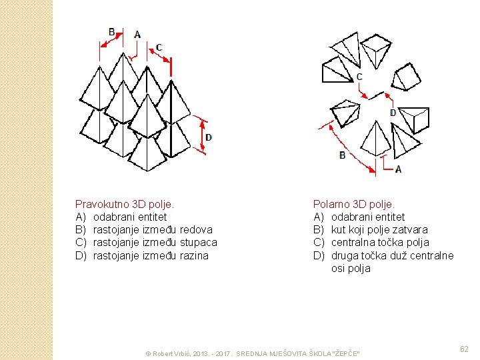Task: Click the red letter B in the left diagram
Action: pyautogui.click(x=111, y=32)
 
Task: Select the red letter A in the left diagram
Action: pyautogui.click(x=137, y=34)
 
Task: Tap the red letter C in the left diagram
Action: pyautogui.click(x=159, y=47)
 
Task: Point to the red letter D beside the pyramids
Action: pyautogui.click(x=208, y=137)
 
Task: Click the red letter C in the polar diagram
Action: pyautogui.click(x=359, y=77)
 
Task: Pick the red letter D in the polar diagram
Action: pyautogui.click(x=393, y=113)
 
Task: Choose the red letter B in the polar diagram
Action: pyautogui.click(x=342, y=155)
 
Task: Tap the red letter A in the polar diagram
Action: pyautogui.click(x=398, y=169)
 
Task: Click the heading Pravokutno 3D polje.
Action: pyautogui.click(x=125, y=204)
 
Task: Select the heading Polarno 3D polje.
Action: pyautogui.click(x=353, y=204)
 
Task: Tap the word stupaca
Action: pyautogui.click(x=199, y=243)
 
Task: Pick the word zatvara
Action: pyautogui.click(x=411, y=230)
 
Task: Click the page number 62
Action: pyautogui.click(x=464, y=349)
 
